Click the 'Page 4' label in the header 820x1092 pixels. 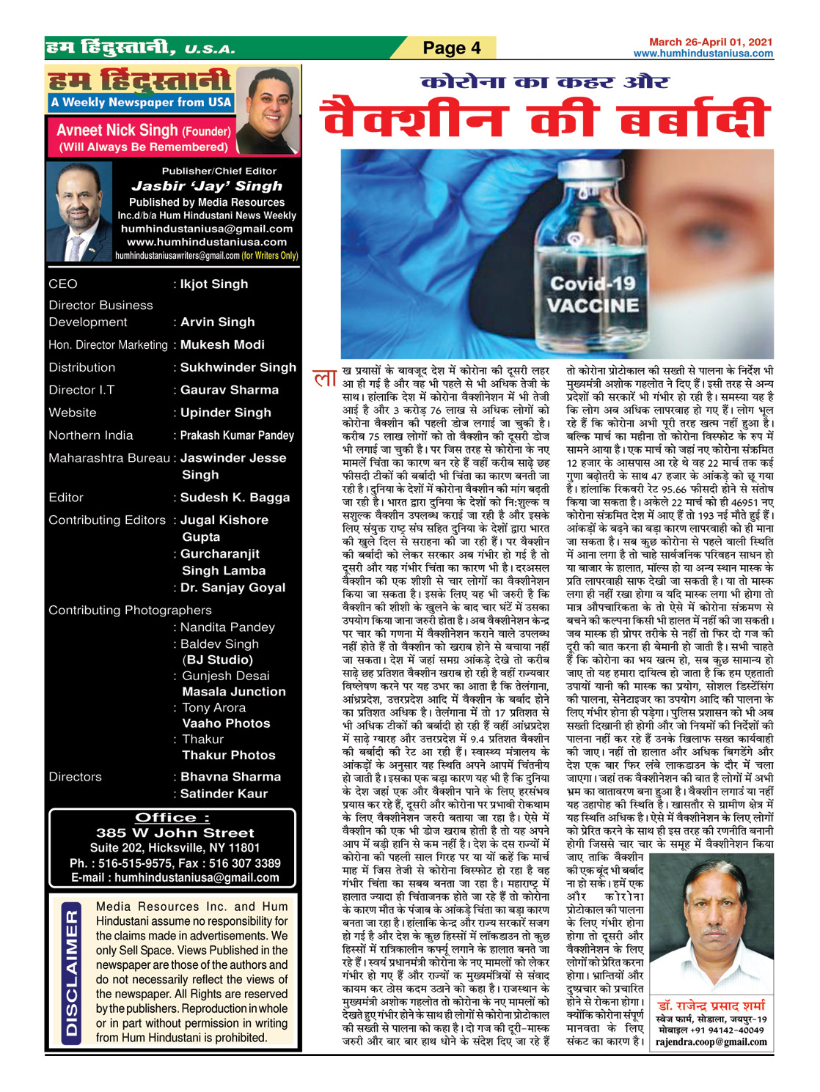click(x=451, y=48)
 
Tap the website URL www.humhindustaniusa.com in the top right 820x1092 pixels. click(x=703, y=54)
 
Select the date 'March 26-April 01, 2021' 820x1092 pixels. click(x=710, y=43)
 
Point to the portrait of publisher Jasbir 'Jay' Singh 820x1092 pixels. click(x=78, y=212)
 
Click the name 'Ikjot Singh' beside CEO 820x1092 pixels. click(x=214, y=284)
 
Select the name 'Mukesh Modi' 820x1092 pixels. click(x=222, y=344)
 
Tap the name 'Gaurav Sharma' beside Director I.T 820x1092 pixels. click(x=230, y=390)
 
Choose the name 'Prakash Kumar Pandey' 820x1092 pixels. click(x=237, y=435)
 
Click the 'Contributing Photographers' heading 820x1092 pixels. click(x=130, y=610)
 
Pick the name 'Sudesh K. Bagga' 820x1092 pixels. click(x=235, y=498)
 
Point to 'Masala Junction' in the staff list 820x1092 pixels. click(x=234, y=691)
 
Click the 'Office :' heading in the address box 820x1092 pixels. click(x=172, y=817)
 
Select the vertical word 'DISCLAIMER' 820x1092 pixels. click(x=71, y=973)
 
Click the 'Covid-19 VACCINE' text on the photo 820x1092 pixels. click(x=593, y=295)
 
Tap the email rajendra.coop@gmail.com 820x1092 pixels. click(x=711, y=1041)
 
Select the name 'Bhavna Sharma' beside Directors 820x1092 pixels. click(x=230, y=777)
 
